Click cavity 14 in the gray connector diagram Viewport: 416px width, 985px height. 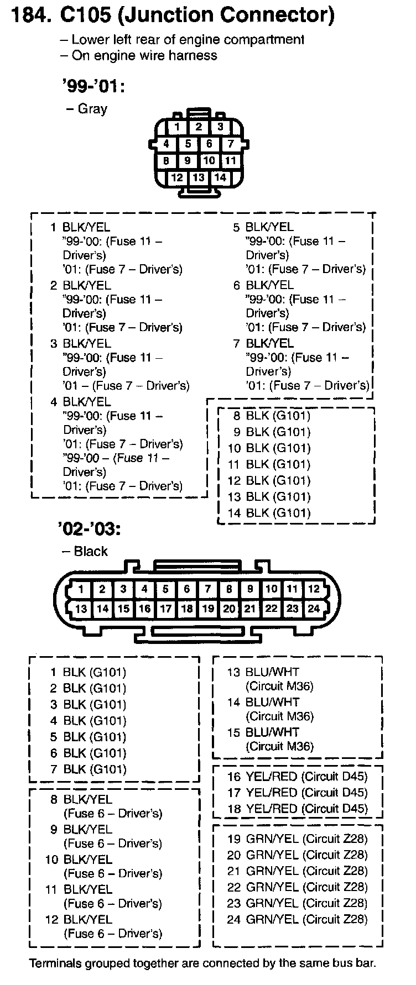tap(220, 177)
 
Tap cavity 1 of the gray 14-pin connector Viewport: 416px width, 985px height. tap(177, 127)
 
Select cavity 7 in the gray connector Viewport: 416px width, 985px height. tap(231, 144)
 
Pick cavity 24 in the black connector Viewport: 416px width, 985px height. tap(314, 609)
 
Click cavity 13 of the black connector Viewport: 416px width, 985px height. tap(81, 609)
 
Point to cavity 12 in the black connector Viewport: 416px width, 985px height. tap(314, 589)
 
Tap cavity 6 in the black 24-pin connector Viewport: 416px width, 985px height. tap(187, 589)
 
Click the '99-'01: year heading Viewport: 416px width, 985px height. tap(93, 86)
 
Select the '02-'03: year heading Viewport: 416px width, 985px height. tap(89, 529)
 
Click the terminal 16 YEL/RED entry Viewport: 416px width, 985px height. tap(297, 777)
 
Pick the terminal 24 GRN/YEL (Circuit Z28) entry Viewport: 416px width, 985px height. tap(297, 919)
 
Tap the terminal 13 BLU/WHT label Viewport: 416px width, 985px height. tap(263, 672)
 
